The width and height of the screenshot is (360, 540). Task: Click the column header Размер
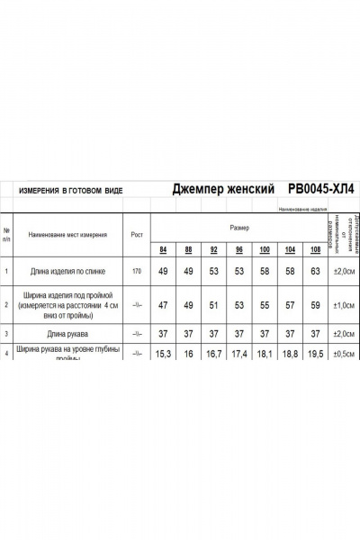coord(239,229)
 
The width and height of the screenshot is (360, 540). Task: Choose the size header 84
coord(163,249)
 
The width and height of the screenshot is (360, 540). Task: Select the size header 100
coord(265,249)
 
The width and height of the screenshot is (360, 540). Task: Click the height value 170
coord(137,271)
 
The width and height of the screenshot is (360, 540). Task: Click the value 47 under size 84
coord(163,305)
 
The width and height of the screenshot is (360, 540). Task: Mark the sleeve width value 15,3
coord(163,355)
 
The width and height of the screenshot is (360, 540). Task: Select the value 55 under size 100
coord(265,305)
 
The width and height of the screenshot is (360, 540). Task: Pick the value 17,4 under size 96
coord(239,355)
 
